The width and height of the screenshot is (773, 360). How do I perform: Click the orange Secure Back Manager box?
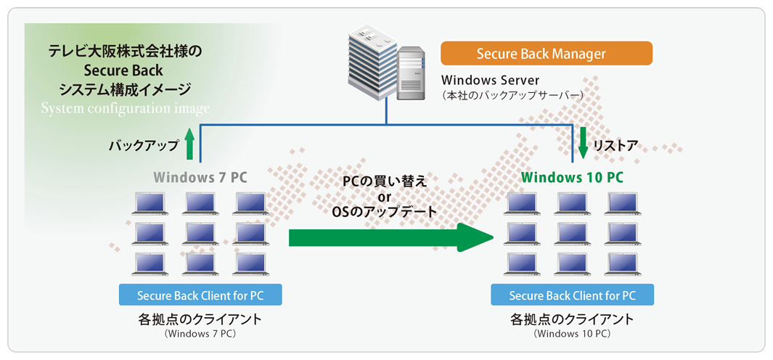click(x=547, y=53)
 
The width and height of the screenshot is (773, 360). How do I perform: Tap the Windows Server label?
click(x=491, y=80)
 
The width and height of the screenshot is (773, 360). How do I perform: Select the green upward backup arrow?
click(x=190, y=144)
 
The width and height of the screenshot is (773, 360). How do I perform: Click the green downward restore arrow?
click(x=584, y=143)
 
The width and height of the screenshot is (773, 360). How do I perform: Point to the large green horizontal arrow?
click(x=391, y=237)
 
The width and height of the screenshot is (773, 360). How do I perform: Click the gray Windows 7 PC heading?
click(x=200, y=177)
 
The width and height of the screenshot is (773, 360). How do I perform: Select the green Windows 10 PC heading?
click(x=572, y=177)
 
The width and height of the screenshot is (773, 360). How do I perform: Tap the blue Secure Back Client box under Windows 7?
click(x=200, y=295)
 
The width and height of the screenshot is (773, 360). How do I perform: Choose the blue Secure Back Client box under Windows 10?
click(x=573, y=295)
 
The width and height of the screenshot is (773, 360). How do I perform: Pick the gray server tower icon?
click(x=411, y=73)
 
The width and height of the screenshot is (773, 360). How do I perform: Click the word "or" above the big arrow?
click(x=384, y=197)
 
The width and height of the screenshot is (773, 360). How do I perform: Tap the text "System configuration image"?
click(x=126, y=108)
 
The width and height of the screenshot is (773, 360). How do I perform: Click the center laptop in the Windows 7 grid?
click(x=200, y=234)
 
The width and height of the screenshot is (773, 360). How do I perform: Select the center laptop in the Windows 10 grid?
click(x=573, y=234)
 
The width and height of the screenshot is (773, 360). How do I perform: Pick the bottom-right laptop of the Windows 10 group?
click(x=623, y=264)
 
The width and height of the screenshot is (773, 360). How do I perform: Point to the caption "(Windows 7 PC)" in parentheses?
click(x=200, y=334)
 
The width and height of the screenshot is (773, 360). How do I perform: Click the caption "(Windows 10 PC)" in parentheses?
click(x=573, y=334)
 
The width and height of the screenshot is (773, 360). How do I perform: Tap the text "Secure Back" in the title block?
click(x=123, y=70)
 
